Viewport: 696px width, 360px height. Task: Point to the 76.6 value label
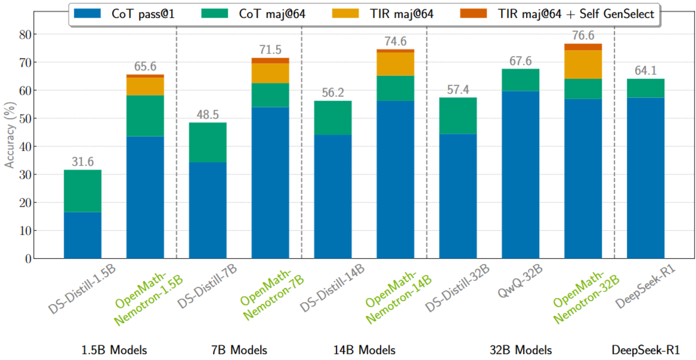pos(583,35)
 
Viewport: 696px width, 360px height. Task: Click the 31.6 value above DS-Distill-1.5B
pos(82,162)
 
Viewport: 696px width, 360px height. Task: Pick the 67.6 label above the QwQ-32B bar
pos(520,61)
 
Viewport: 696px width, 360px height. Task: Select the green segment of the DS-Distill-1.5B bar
pos(82,191)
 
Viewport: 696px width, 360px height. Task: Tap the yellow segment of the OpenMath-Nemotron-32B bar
pos(583,64)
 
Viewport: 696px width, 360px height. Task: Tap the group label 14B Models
pos(364,350)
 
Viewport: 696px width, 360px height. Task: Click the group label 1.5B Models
pos(113,350)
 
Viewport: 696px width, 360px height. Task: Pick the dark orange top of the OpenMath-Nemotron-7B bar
pos(270,60)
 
